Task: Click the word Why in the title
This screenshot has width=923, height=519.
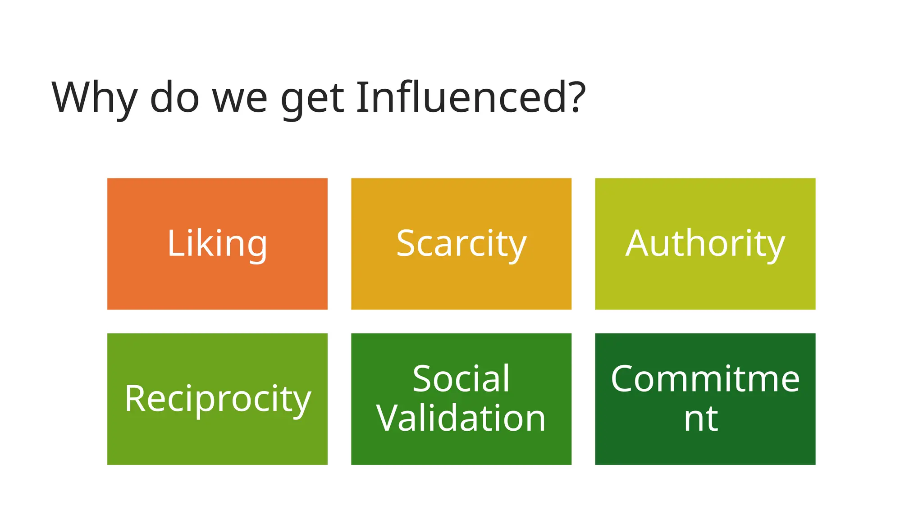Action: point(94,98)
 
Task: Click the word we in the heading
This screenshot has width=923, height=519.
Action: point(240,100)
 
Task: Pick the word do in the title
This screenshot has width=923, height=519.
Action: point(174,97)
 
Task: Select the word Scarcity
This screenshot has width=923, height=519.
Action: point(461,244)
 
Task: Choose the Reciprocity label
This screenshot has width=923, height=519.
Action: point(218,399)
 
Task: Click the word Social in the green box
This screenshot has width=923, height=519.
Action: point(461,379)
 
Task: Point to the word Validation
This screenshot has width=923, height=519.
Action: point(461,418)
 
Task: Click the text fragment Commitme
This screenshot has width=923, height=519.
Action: point(705,379)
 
